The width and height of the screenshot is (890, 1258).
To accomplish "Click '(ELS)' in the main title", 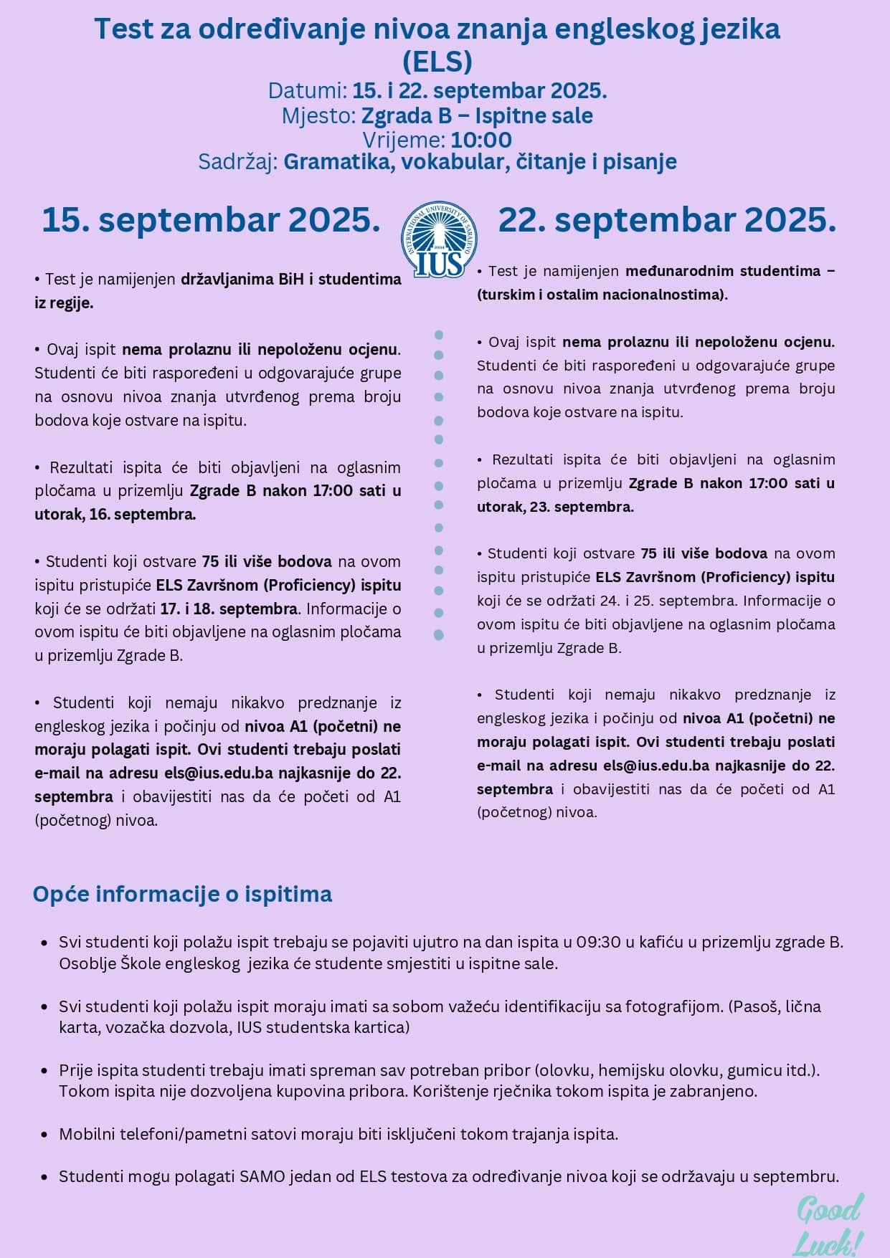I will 437,61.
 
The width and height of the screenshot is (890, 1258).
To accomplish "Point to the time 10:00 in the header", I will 481,139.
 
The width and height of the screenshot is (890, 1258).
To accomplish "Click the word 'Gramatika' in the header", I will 337,162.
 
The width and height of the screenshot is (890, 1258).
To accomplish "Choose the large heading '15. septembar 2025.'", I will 211,220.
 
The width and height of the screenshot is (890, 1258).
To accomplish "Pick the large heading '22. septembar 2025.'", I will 667,220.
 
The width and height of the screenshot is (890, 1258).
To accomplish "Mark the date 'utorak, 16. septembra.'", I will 115,515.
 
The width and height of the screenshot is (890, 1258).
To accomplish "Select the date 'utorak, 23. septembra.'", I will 555,507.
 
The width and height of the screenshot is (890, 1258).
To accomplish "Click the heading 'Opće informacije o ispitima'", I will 182,895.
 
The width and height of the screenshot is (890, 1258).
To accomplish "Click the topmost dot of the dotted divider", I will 439,335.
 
